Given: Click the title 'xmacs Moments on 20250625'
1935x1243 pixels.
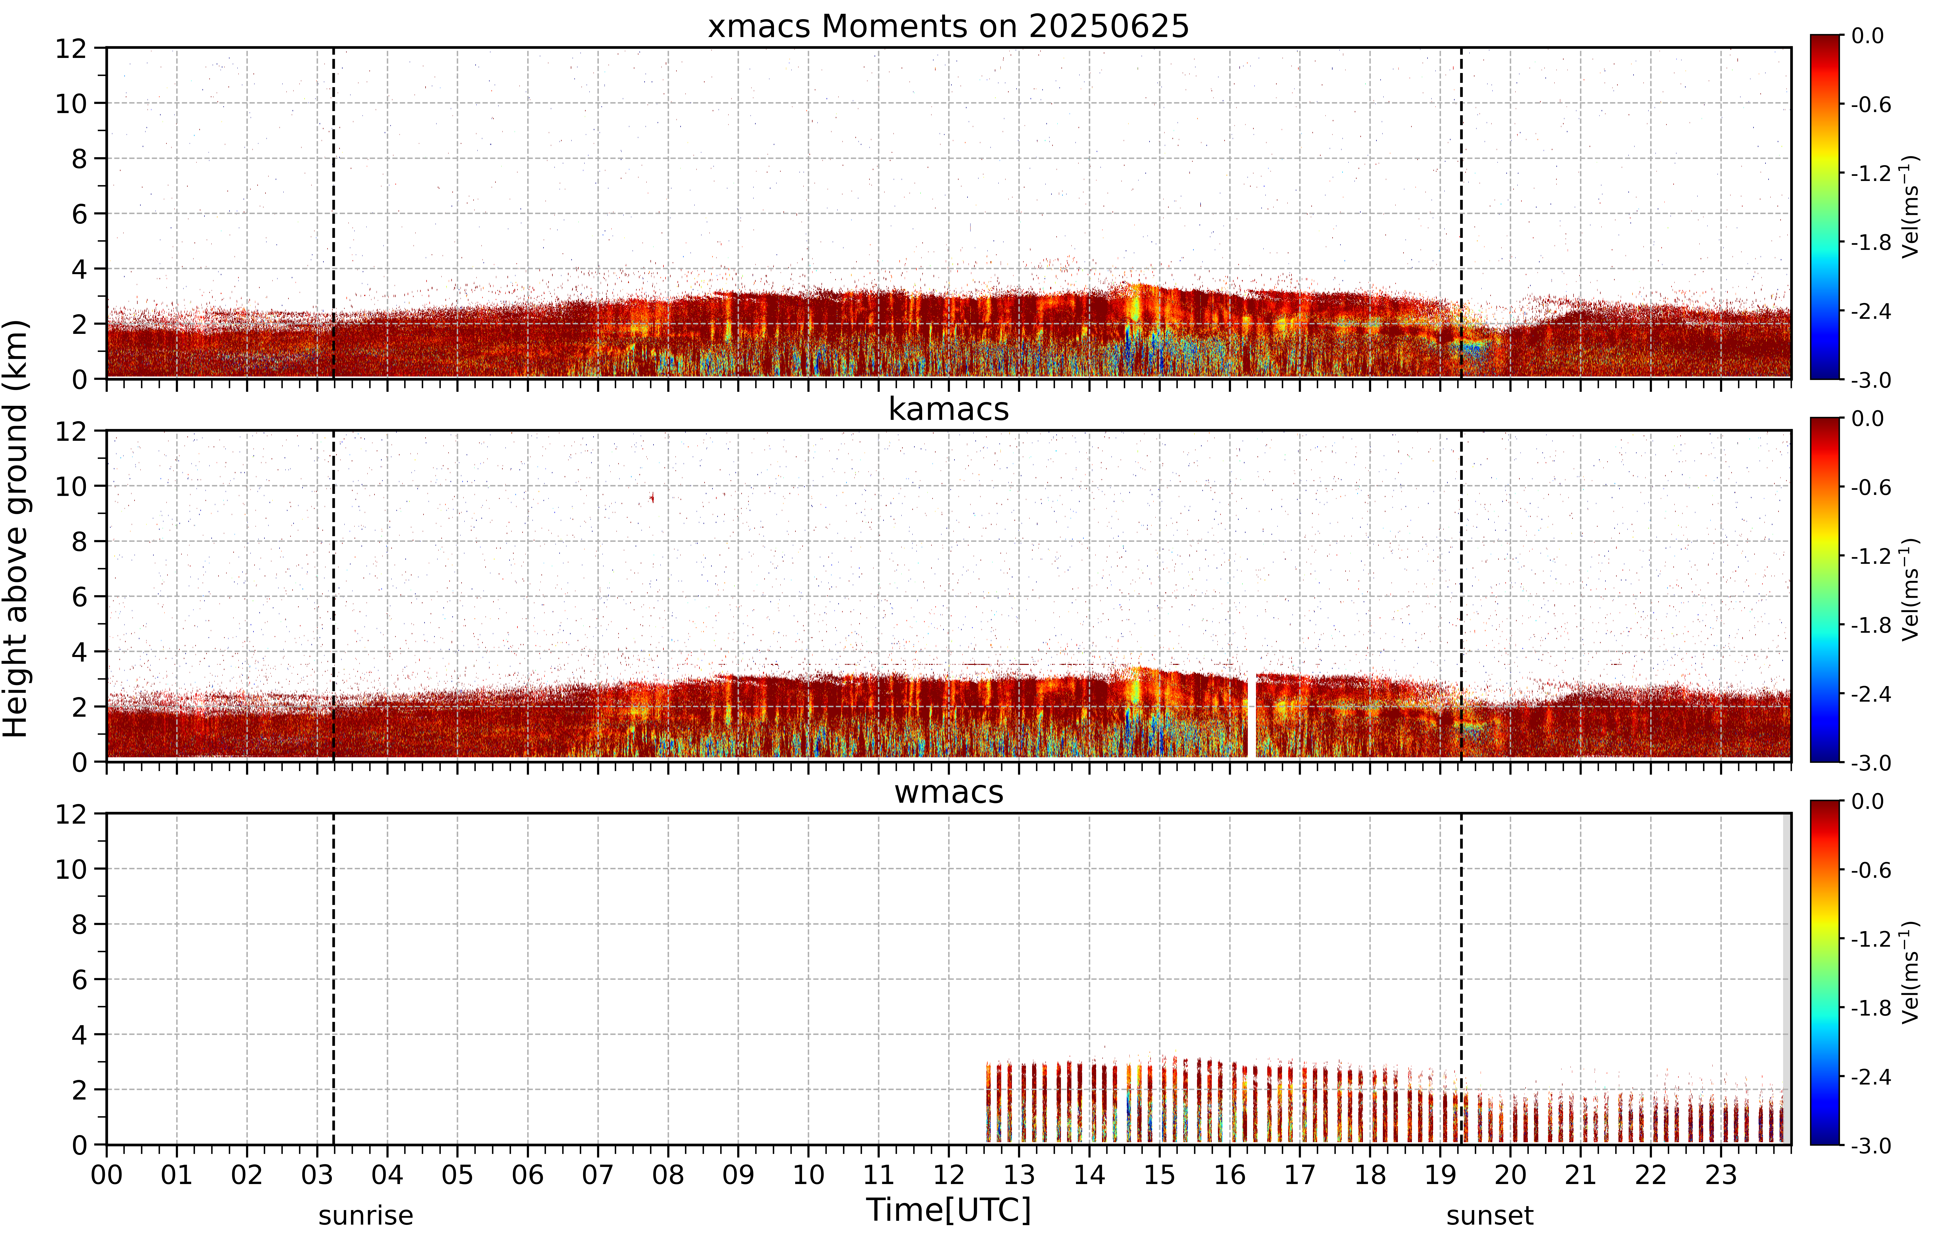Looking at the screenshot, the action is (949, 27).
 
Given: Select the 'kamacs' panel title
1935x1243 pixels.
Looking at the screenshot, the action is (949, 409).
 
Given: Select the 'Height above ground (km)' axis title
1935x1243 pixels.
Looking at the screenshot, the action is (16, 529).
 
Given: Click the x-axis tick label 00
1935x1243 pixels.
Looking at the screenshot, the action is (106, 1174).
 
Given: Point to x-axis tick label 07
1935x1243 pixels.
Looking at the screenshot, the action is (598, 1174).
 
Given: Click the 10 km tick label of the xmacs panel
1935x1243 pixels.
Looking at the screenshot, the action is (71, 103).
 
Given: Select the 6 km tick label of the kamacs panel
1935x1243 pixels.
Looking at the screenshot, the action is (79, 596).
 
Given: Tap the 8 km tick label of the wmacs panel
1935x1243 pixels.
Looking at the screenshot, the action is (79, 924).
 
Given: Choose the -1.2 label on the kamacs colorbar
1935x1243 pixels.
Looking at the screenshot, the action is (1871, 556).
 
